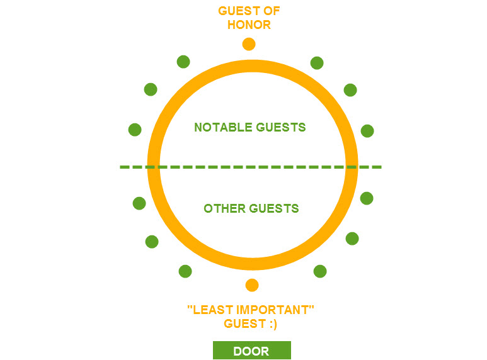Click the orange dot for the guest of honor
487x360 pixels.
(249, 44)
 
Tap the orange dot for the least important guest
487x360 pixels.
(252, 285)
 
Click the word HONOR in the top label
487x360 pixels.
(249, 25)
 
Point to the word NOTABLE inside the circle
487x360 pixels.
(221, 127)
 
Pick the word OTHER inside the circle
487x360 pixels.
(224, 208)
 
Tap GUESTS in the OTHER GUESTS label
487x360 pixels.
(275, 208)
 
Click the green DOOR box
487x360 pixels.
(251, 351)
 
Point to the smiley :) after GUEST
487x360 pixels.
(272, 323)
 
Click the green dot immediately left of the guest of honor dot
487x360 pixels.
(183, 62)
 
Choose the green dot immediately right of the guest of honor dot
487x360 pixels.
(317, 63)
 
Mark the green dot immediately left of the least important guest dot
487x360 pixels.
(185, 271)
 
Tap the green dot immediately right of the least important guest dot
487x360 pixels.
(320, 271)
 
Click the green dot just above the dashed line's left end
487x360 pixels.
(135, 130)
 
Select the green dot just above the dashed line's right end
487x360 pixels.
(367, 131)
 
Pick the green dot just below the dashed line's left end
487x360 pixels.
(139, 203)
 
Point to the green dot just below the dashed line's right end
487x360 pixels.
(367, 198)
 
